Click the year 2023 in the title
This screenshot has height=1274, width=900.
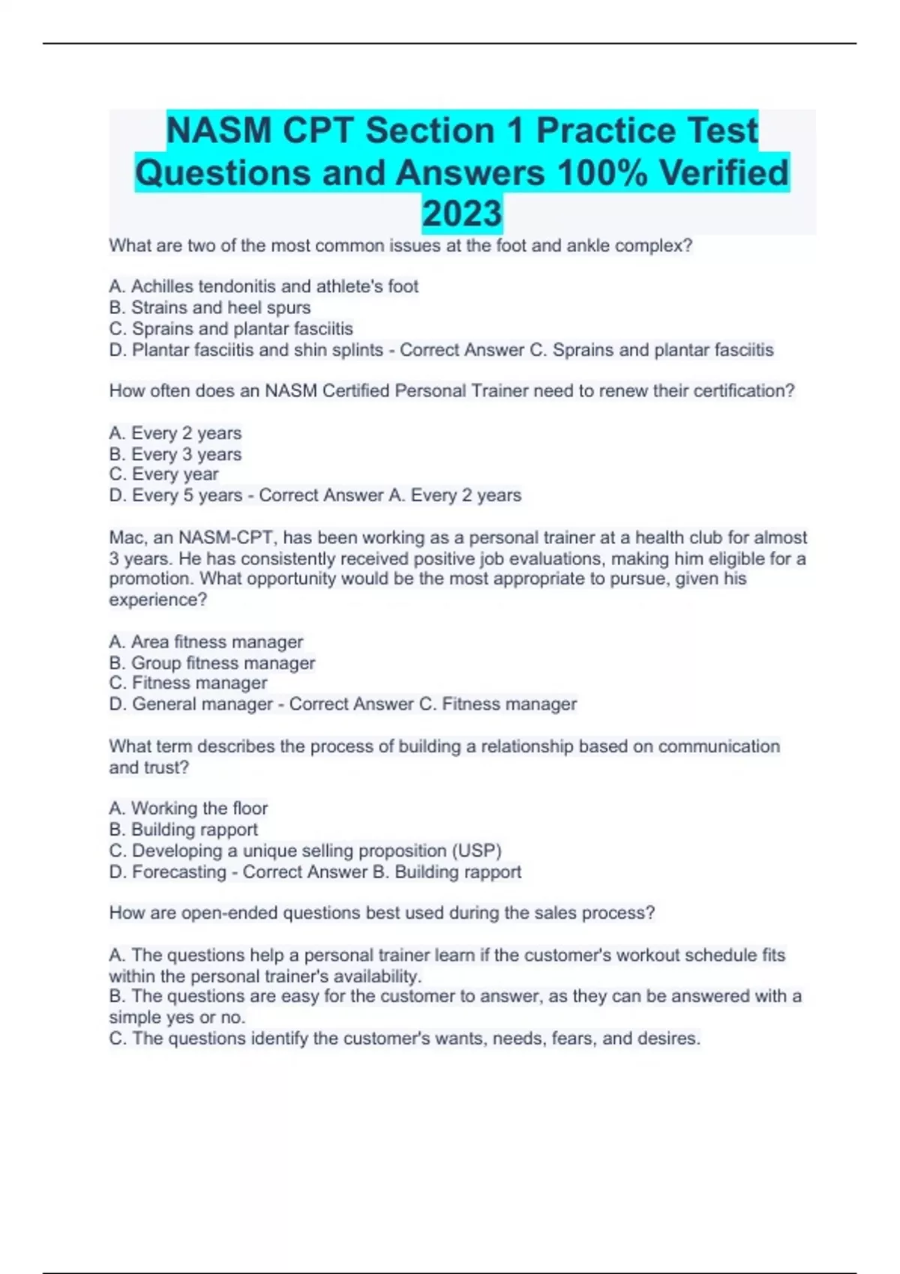tap(462, 214)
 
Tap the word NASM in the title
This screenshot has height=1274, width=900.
tap(218, 130)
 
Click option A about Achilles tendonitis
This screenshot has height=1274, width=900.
tap(263, 286)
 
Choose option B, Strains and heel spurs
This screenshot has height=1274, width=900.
tap(209, 307)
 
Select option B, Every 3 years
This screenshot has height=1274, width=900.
tap(175, 454)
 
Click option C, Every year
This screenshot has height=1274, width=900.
tap(163, 474)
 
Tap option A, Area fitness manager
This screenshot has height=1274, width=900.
tap(205, 641)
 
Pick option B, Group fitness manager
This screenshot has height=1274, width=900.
tap(211, 662)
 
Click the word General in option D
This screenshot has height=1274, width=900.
tap(163, 704)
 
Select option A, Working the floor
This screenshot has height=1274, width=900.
tap(187, 808)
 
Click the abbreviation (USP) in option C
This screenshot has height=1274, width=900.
tap(476, 851)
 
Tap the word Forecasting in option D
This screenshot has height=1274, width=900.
tap(178, 872)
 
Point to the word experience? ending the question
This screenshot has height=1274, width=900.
tap(157, 600)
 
